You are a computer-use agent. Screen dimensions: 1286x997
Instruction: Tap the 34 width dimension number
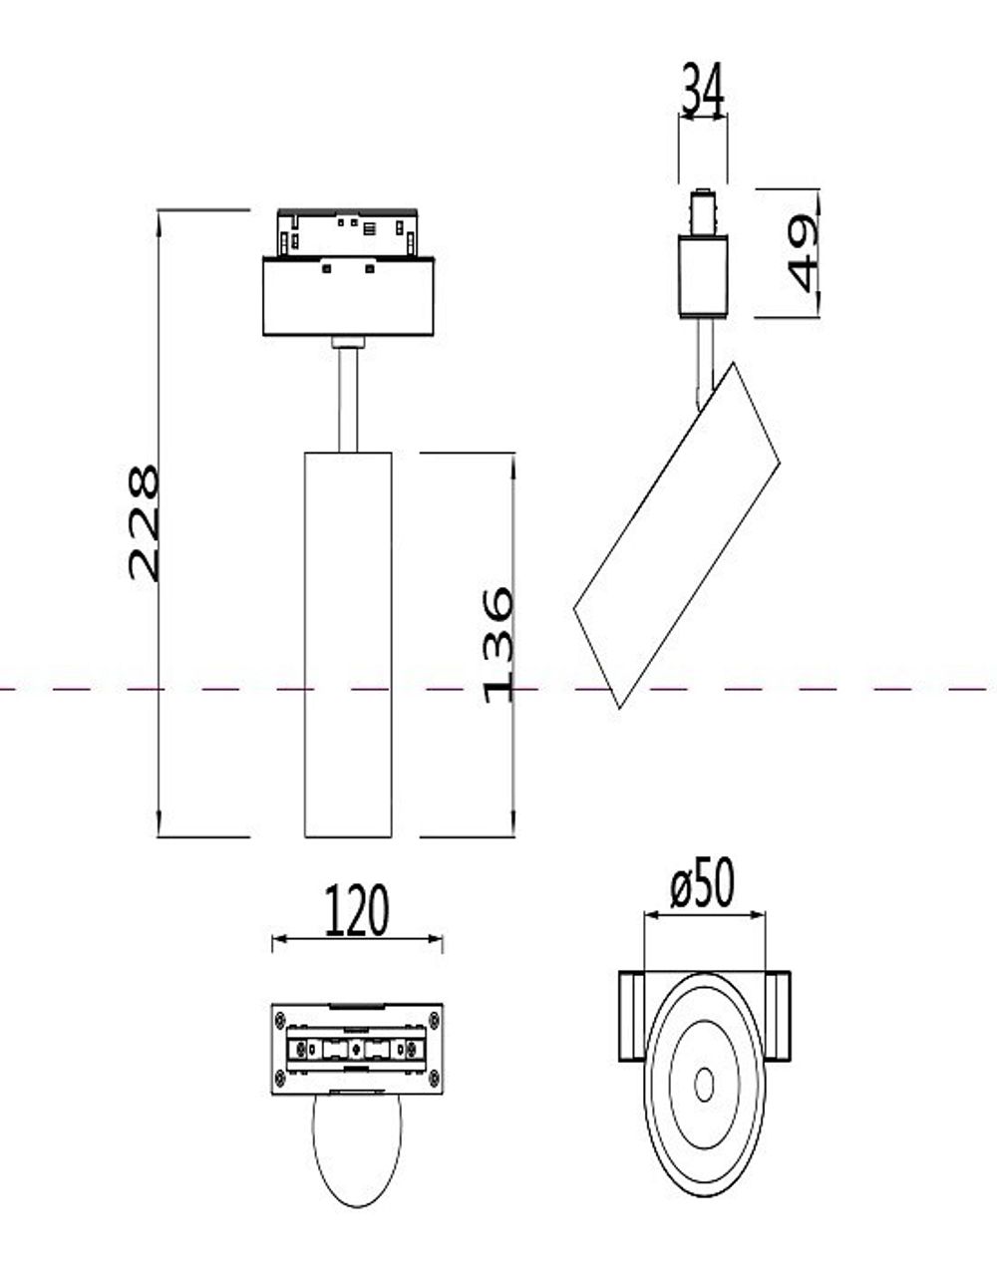703,90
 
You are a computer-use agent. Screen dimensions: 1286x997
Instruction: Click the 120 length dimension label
356,911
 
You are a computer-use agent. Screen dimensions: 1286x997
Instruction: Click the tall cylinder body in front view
348,644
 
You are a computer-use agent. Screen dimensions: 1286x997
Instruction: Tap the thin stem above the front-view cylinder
348,399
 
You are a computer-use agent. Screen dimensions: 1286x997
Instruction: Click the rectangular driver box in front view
348,297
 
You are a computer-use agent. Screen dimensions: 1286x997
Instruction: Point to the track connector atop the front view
348,233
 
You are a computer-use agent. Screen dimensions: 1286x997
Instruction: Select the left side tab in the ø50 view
632,1016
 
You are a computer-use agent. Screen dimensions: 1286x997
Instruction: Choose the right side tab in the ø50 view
777,1016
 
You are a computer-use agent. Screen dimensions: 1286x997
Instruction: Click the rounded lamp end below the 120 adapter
357,1151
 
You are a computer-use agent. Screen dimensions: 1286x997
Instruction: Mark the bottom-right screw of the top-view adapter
434,1078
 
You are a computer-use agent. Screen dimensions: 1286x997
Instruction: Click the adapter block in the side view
703,276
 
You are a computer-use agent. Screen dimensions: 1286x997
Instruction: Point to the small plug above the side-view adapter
703,211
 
